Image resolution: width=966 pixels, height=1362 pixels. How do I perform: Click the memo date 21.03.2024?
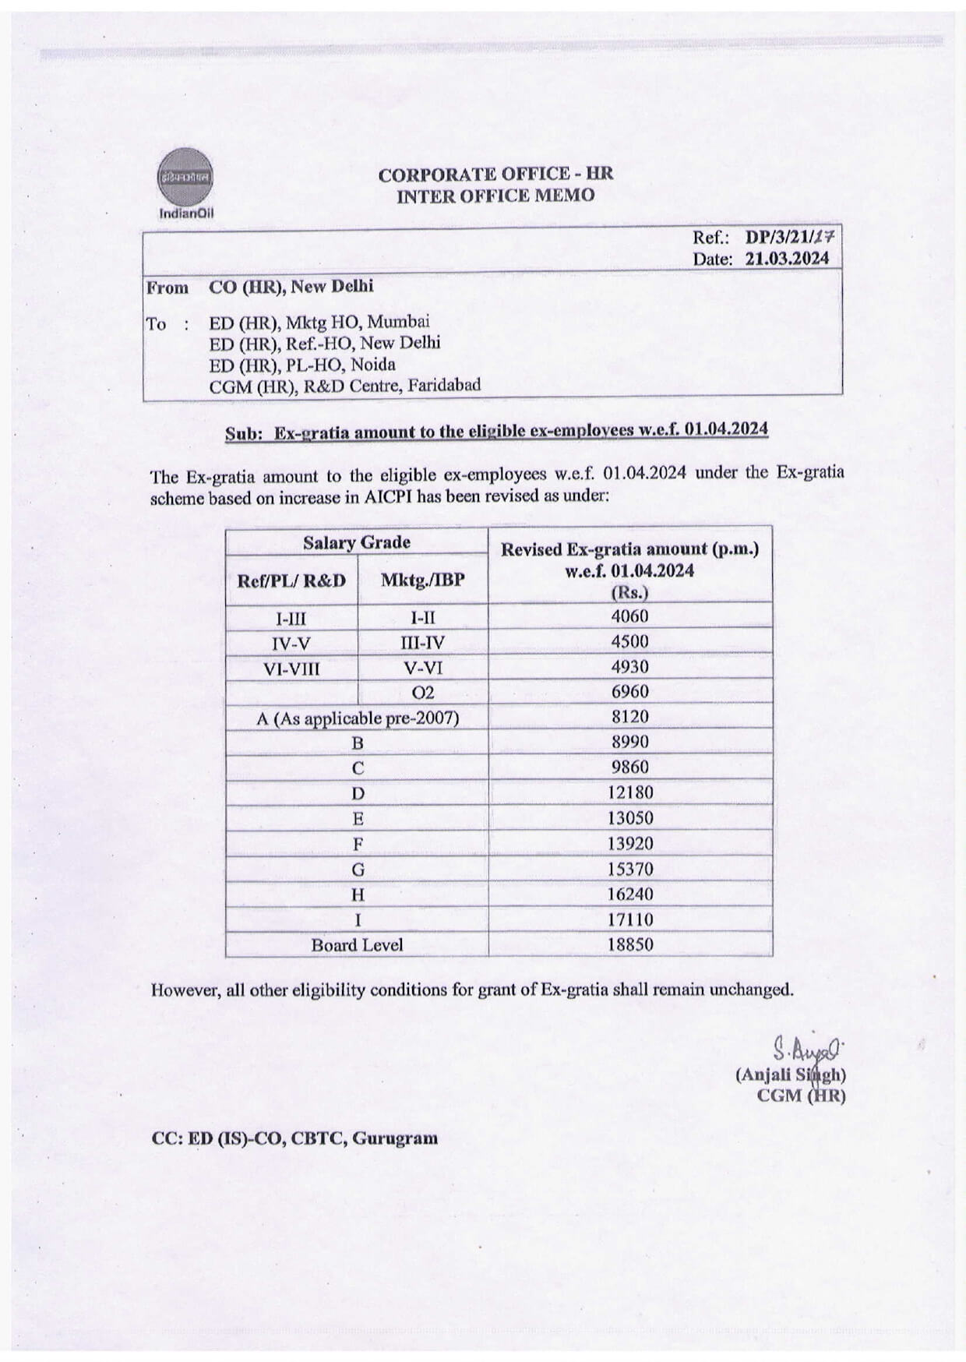pos(787,259)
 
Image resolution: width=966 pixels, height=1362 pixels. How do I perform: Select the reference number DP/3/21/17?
pos(789,238)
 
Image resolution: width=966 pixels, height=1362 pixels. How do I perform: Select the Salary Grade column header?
pos(357,542)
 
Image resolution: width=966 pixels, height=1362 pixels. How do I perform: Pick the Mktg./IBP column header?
pos(422,580)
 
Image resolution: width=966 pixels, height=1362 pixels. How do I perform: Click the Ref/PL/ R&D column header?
pos(291,580)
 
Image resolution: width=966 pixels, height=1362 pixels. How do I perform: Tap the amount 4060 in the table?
pos(629,616)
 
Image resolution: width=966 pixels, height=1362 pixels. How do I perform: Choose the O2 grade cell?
pos(423,693)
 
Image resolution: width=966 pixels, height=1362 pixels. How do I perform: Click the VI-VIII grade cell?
pos(291,669)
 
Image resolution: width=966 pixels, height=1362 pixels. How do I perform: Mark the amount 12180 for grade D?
pos(629,793)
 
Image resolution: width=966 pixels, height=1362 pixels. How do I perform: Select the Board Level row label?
pos(357,945)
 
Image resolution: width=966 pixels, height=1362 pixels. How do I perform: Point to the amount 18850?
pos(629,945)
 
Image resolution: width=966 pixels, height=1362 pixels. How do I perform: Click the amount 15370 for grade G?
pos(629,869)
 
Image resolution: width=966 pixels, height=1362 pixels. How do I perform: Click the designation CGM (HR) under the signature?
pos(801,1096)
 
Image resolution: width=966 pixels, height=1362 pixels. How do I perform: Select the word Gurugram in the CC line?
pos(395,1138)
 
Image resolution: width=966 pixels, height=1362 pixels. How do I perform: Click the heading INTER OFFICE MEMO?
pos(495,196)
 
